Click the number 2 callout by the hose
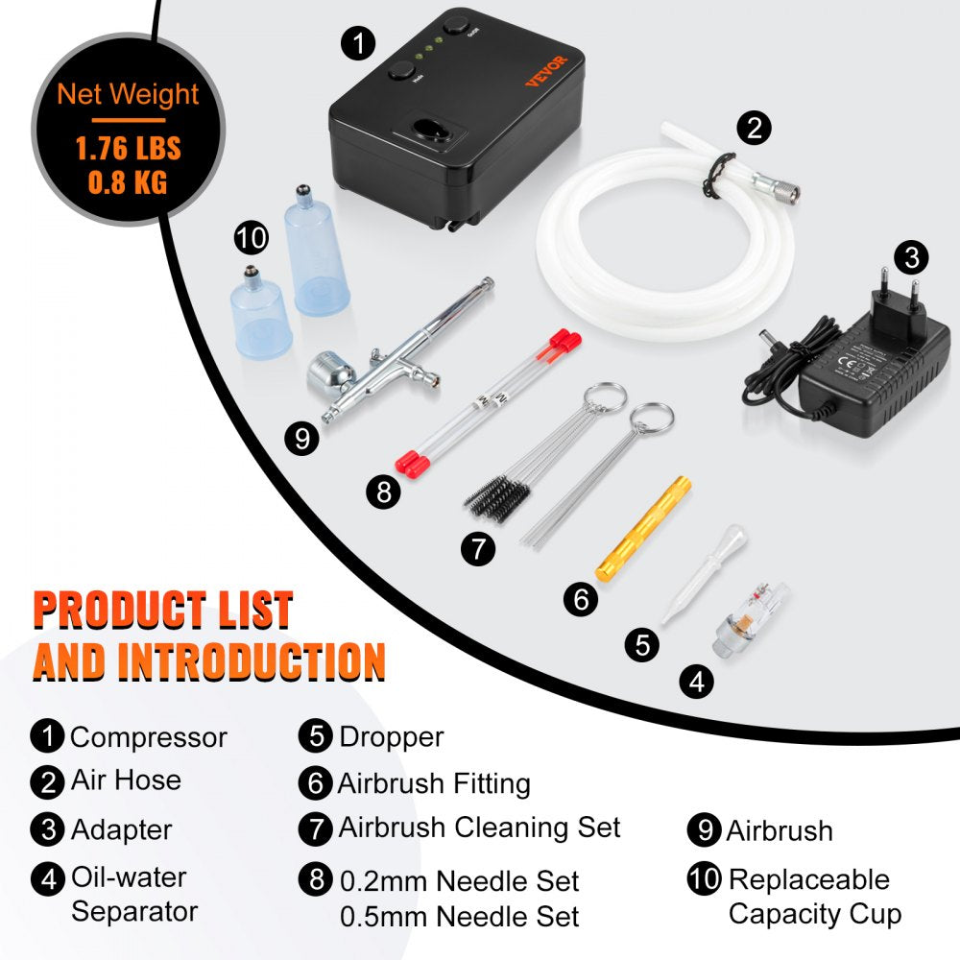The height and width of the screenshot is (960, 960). click(755, 127)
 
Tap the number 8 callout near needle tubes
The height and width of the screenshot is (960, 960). click(384, 492)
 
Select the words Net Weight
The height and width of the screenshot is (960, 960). click(128, 94)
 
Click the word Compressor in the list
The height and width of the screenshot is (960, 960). click(149, 737)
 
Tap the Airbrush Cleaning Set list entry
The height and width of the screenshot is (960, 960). click(479, 827)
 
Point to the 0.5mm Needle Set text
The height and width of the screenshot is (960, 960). click(459, 917)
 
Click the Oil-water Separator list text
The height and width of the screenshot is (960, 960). click(129, 893)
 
